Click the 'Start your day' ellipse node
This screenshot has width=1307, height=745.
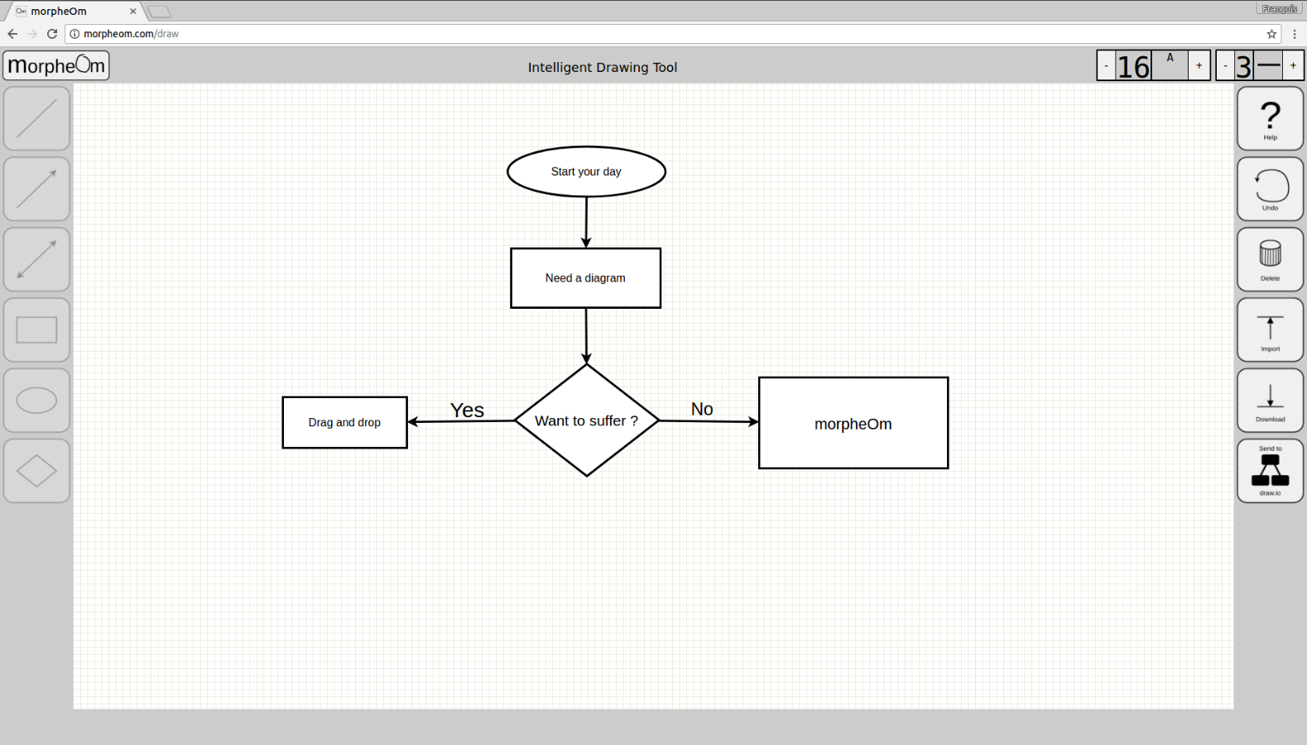tap(586, 171)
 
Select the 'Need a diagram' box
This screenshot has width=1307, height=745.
tap(585, 278)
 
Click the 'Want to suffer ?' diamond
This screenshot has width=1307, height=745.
tap(586, 421)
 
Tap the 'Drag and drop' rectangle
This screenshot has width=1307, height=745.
tap(344, 422)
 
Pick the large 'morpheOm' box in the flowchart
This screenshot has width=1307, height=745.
tap(853, 423)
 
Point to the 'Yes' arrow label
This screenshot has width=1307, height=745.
tap(467, 410)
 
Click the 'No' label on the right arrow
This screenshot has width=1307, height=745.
tap(702, 409)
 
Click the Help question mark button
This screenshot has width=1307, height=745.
tap(1270, 118)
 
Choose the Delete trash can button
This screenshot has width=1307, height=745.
tap(1270, 259)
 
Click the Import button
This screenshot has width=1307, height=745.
tap(1270, 329)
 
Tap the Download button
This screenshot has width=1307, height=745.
tap(1270, 400)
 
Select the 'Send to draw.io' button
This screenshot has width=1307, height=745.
tap(1270, 470)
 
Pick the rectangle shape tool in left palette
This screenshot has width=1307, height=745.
tap(36, 329)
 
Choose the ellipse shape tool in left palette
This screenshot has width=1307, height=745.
tap(36, 400)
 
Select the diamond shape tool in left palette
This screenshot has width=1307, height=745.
tap(36, 470)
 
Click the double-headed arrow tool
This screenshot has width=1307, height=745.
tap(36, 259)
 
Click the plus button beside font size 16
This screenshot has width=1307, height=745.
tap(1199, 65)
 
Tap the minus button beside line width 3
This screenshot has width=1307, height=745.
tap(1225, 65)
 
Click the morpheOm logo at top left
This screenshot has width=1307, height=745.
tap(56, 65)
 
